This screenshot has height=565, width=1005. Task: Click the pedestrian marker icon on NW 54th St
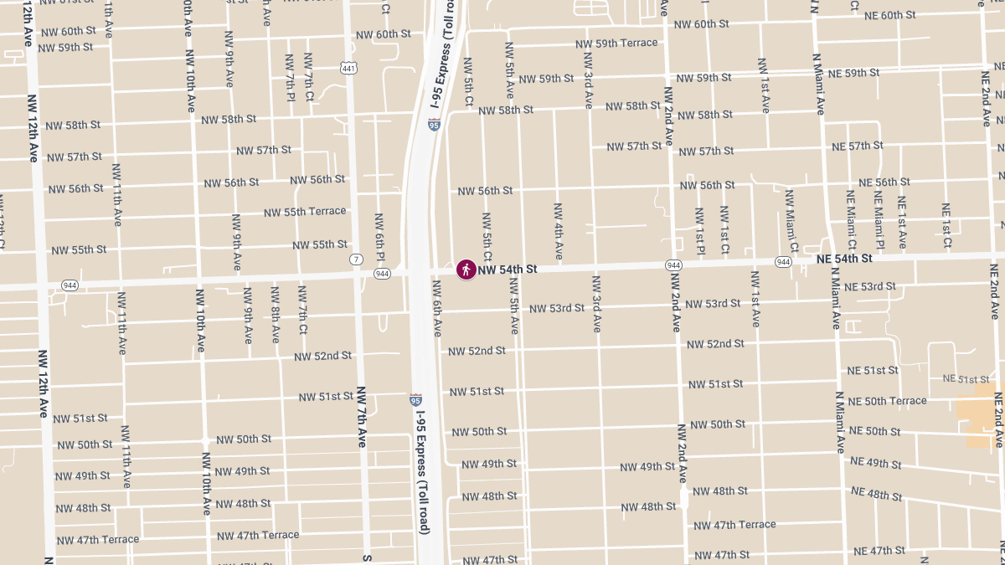pyautogui.click(x=466, y=269)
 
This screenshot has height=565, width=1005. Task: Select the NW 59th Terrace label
pyautogui.click(x=616, y=43)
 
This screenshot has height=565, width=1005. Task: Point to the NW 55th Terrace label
pyautogui.click(x=305, y=212)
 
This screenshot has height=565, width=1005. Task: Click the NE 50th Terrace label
pyautogui.click(x=887, y=401)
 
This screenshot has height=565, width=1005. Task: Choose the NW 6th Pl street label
pyautogui.click(x=379, y=235)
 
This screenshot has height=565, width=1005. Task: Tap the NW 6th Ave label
pyautogui.click(x=436, y=307)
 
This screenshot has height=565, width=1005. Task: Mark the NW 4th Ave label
pyautogui.click(x=559, y=230)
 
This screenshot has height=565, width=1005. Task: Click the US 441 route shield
pyautogui.click(x=348, y=67)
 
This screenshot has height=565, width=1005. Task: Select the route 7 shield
pyautogui.click(x=357, y=259)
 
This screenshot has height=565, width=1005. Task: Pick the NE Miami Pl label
pyautogui.click(x=879, y=219)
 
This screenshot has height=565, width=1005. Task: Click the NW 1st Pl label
pyautogui.click(x=698, y=229)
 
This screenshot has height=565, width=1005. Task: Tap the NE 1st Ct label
pyautogui.click(x=946, y=225)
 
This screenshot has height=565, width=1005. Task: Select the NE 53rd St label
pyautogui.click(x=869, y=287)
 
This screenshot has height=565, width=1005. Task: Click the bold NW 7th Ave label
pyautogui.click(x=362, y=416)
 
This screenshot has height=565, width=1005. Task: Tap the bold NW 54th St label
pyautogui.click(x=507, y=270)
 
